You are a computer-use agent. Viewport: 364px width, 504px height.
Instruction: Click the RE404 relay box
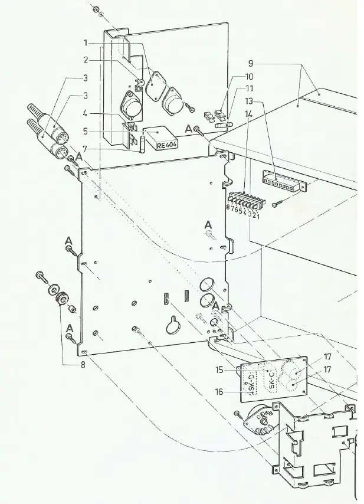pos(160,138)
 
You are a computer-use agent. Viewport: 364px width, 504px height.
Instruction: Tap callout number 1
pos(86,42)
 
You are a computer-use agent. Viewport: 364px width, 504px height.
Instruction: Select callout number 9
pos(251,64)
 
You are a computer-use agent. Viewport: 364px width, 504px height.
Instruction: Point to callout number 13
pos(249,102)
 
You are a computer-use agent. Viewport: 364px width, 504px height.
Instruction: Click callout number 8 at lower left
pos(83,365)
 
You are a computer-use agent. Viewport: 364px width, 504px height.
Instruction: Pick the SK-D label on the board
pos(252,382)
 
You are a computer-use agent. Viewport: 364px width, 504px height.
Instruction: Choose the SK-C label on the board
pos(272,380)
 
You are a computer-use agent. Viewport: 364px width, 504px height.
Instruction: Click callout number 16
pos(219,392)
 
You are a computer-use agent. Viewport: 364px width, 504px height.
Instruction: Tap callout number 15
pos(219,370)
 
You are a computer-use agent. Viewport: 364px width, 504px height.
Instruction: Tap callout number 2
pos(86,60)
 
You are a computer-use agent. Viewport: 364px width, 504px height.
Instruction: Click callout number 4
pos(85,113)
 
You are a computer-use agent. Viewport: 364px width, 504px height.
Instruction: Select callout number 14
pos(248,114)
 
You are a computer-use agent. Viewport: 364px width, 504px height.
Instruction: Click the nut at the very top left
pos(96,9)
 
